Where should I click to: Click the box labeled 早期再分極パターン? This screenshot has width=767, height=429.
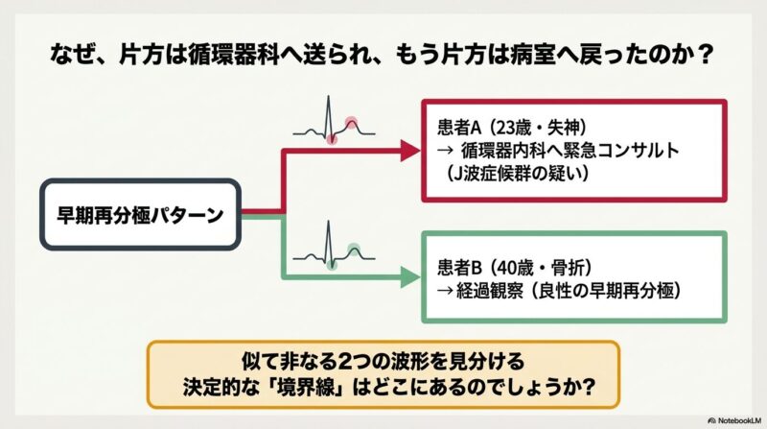(x=140, y=215)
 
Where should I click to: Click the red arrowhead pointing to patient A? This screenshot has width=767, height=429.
(x=410, y=151)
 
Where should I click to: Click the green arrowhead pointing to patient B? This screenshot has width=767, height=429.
(x=410, y=277)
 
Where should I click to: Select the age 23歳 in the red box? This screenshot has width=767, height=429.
(x=513, y=128)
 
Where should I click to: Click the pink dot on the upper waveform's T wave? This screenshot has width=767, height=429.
(x=351, y=123)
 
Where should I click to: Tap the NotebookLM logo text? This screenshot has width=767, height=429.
(x=734, y=420)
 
